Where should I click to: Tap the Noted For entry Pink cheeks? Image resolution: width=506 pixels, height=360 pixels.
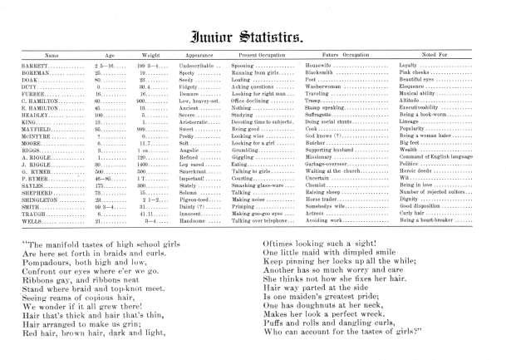tap(418, 72)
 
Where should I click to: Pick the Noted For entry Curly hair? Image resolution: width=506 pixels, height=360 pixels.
tap(415, 215)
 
